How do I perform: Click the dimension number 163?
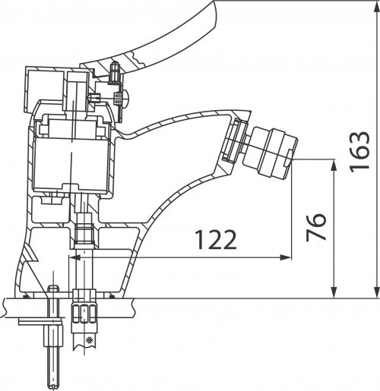(x=359, y=152)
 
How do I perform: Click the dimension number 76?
(x=316, y=227)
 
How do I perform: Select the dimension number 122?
(x=217, y=240)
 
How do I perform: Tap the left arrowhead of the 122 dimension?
(x=74, y=258)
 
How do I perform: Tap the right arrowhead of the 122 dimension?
(x=285, y=258)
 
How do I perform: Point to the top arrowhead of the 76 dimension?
(x=334, y=165)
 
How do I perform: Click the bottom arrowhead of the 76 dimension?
(x=334, y=292)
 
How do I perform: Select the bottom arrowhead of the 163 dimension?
(x=377, y=292)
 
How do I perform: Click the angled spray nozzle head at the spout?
(x=270, y=152)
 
